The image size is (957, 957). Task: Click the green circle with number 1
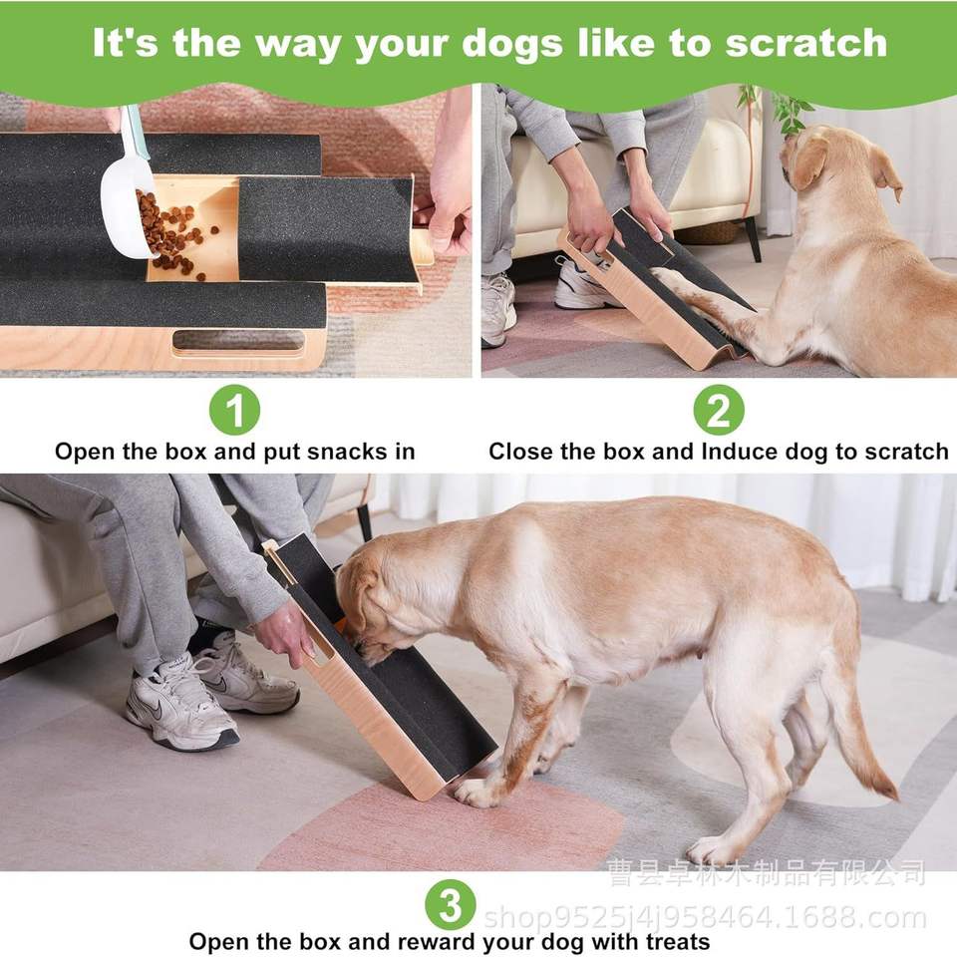234,410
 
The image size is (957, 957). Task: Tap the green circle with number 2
719,410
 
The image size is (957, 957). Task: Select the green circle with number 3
451,904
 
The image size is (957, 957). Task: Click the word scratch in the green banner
805,43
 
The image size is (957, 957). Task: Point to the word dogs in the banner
511,45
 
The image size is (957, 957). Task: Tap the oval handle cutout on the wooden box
238,341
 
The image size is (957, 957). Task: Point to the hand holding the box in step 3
284,634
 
